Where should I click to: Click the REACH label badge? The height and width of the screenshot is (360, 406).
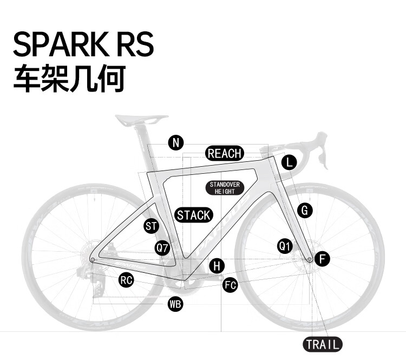(225, 153)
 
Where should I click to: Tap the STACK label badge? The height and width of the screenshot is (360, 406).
(194, 215)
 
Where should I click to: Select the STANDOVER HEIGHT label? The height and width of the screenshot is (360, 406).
(225, 188)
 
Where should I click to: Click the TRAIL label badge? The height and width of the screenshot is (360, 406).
(323, 344)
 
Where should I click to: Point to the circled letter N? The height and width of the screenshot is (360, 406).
(176, 143)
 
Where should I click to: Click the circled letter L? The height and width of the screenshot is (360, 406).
(289, 162)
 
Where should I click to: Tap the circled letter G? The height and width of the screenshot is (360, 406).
(305, 210)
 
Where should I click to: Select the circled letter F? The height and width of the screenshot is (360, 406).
(323, 259)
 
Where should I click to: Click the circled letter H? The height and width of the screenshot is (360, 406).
(217, 266)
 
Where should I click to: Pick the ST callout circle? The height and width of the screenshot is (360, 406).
(151, 226)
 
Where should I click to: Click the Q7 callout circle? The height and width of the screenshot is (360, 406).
(162, 248)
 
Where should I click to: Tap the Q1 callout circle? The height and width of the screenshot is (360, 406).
(285, 246)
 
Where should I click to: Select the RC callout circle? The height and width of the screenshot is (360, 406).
(126, 280)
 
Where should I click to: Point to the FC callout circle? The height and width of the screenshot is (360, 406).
(230, 285)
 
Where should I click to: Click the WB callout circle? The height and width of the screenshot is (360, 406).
(175, 304)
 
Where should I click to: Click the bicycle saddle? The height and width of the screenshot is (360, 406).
(141, 120)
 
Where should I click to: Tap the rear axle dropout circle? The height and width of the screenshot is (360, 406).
(93, 259)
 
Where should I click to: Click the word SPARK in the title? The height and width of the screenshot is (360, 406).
(61, 44)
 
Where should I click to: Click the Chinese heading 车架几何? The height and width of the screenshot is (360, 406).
(69, 78)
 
